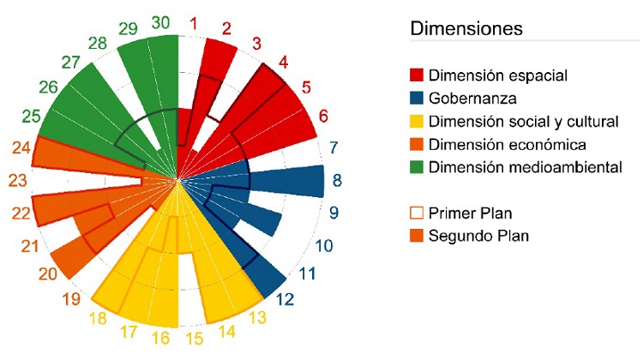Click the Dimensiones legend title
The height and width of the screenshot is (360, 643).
pyautogui.click(x=466, y=28)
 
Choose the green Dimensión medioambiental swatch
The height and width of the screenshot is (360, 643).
pyautogui.click(x=418, y=167)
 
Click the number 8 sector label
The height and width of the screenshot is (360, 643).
pyautogui.click(x=337, y=182)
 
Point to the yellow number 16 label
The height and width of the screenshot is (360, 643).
pyautogui.click(x=160, y=339)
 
